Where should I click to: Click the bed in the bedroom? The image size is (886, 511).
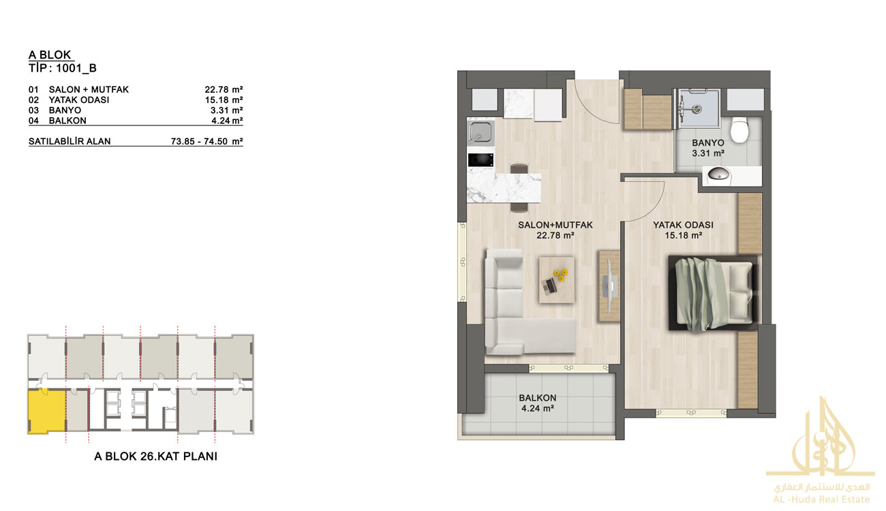coord(713,293)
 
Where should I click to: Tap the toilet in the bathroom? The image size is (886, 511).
coord(739,129)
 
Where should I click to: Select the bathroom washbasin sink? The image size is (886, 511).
coord(718,174)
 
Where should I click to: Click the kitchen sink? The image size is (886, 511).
coord(480,131)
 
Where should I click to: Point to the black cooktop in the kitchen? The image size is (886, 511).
coord(480,160)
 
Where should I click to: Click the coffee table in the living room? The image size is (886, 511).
coord(557,280)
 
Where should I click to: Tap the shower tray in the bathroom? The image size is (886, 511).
coord(698,108)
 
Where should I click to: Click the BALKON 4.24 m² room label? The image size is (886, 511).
coord(538,403)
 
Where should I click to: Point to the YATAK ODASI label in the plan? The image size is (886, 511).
coord(683,225)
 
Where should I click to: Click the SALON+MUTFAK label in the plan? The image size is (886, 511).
coord(555,225)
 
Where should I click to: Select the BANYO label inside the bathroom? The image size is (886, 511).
coord(708,143)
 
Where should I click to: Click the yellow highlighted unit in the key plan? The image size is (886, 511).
coord(46,410)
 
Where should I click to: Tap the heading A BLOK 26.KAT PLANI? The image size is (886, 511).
coord(156,456)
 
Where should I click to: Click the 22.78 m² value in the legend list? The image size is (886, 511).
coord(224,90)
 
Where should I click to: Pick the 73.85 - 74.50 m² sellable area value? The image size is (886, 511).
coord(207,141)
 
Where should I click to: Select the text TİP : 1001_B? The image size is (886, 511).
coord(63,68)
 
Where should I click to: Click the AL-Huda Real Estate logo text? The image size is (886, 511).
coord(821,499)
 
